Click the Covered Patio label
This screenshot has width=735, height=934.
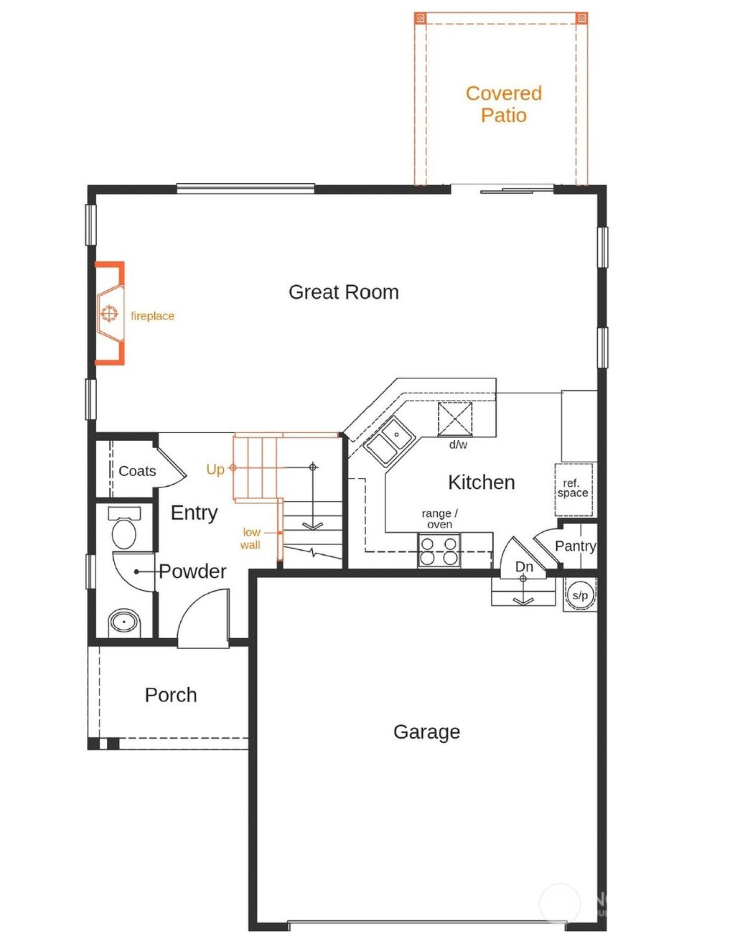[x=503, y=104]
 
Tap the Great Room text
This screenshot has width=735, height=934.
[x=343, y=292]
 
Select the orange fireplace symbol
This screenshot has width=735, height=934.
[x=109, y=314]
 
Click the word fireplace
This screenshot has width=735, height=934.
[x=152, y=316]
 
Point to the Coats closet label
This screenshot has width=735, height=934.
[x=137, y=471]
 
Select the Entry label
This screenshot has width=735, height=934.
[x=194, y=513]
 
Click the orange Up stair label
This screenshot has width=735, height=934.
[x=215, y=470]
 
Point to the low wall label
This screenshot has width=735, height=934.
[x=251, y=538]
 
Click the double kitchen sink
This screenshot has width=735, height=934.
[x=390, y=439]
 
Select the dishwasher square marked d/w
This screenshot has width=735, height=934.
[x=455, y=419]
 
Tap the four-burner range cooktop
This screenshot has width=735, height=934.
[x=439, y=551]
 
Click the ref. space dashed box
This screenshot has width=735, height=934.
[x=573, y=490]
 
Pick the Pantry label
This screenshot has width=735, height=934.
[x=575, y=546]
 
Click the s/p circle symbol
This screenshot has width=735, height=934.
[x=580, y=595]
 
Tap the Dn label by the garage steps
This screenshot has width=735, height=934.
[x=524, y=566]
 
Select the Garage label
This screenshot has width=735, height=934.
[x=426, y=732]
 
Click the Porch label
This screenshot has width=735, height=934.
[x=171, y=695]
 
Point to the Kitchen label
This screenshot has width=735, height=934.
[x=481, y=482]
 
